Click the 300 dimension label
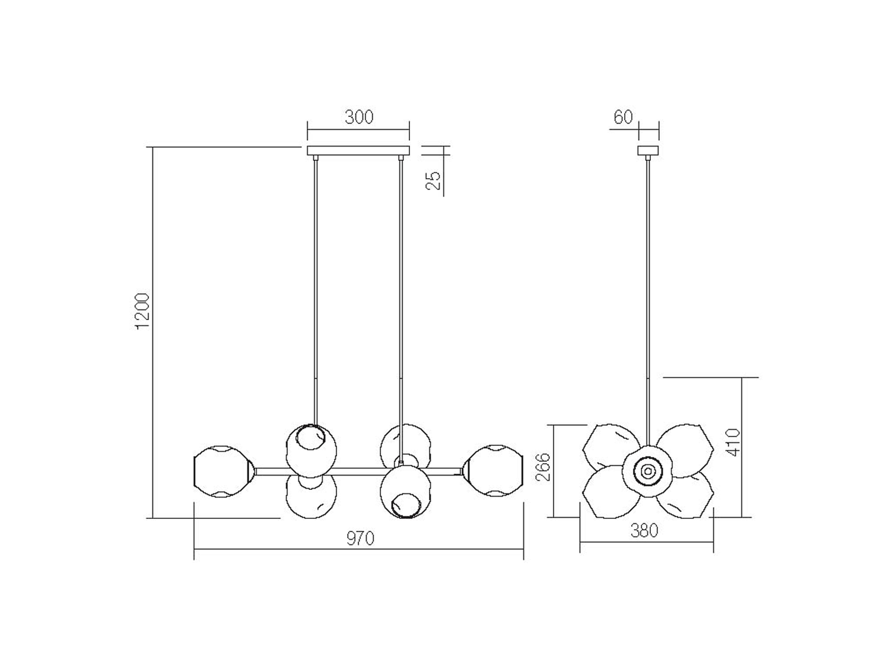[x=359, y=117]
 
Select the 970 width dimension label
[x=361, y=539]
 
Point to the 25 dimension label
[x=433, y=181]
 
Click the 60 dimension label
[x=623, y=117]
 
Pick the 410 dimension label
[x=734, y=442]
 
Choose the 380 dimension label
[x=644, y=531]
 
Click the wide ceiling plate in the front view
[x=358, y=151]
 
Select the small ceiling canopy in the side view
[x=648, y=151]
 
